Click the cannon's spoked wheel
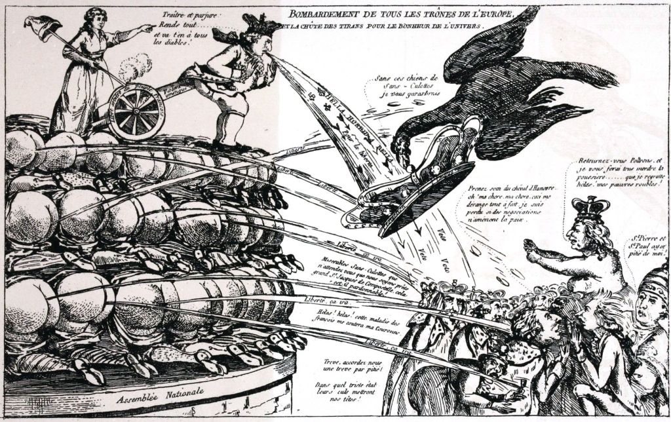pyautogui.click(x=136, y=113)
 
